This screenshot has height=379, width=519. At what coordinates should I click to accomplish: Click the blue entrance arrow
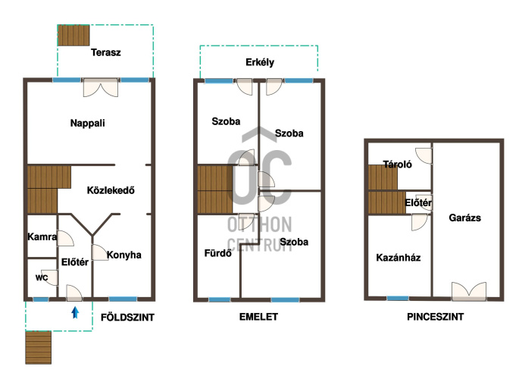(x=76, y=312)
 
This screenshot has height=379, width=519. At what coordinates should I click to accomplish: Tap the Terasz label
(x=106, y=52)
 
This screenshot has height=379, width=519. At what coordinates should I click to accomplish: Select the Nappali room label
(x=88, y=123)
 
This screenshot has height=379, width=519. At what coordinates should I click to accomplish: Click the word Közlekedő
(x=111, y=190)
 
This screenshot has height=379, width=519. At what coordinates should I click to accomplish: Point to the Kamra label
(x=42, y=236)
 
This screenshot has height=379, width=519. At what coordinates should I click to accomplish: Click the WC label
(x=42, y=277)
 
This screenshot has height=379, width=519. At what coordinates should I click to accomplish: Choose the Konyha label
(x=123, y=255)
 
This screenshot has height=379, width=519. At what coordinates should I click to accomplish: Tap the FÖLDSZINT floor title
(x=127, y=318)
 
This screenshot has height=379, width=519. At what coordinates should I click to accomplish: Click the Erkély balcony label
(x=260, y=62)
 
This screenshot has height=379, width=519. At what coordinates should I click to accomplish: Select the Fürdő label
(x=217, y=253)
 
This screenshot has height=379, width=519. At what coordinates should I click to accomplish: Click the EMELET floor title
(x=258, y=317)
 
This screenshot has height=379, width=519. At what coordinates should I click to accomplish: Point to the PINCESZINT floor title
(x=435, y=317)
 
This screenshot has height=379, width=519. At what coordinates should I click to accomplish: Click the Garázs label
(x=464, y=218)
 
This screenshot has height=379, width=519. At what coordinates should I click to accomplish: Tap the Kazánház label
(x=399, y=258)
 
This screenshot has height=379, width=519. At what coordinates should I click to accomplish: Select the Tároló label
(x=398, y=164)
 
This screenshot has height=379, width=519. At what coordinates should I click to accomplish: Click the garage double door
(x=469, y=291)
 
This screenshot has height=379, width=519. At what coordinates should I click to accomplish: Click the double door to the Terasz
(x=101, y=87)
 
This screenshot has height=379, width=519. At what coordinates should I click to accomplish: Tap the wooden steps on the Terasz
(x=73, y=35)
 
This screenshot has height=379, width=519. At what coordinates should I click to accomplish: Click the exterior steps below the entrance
(x=39, y=347)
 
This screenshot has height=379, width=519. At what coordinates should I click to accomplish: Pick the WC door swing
(x=52, y=277)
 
